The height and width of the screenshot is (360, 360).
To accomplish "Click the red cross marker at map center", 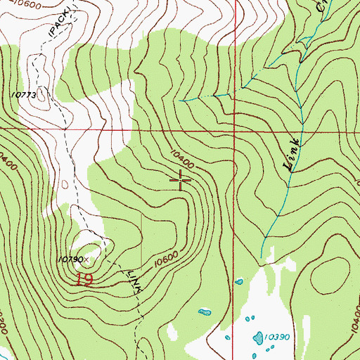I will (x=181, y=181).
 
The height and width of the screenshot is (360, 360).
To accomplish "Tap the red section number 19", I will (x=84, y=279).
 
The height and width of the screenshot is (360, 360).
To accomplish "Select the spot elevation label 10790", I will (x=70, y=259).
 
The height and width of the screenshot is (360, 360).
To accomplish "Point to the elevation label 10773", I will (x=22, y=93).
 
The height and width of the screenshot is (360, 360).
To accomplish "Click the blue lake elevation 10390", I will (x=274, y=337).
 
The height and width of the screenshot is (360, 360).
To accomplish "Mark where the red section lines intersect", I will (x=233, y=131).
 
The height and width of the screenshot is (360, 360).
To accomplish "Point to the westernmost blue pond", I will (x=205, y=311).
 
